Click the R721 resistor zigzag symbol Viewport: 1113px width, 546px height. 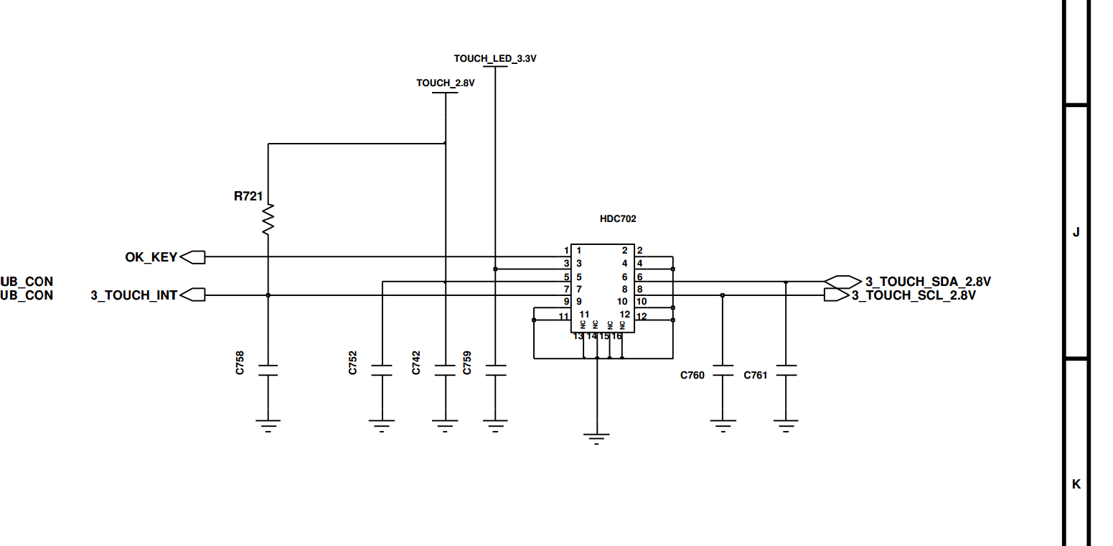tap(268, 219)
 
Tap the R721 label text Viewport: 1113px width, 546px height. tap(248, 196)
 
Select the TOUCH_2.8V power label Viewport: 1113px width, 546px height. tap(445, 83)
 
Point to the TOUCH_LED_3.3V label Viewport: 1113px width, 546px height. tap(495, 59)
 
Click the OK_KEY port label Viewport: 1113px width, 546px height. tap(151, 257)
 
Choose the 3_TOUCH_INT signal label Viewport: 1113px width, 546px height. tap(133, 295)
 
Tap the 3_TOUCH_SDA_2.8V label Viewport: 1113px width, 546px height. tap(928, 282)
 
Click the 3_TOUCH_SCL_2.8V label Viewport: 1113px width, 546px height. tap(914, 295)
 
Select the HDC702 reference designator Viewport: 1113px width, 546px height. tap(618, 219)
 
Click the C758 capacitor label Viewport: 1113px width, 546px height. tap(240, 363)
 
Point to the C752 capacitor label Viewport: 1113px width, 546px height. tap(353, 363)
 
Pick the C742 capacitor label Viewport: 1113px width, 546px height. tap(416, 363)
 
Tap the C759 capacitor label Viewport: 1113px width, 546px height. tap(467, 363)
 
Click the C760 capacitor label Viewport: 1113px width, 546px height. tap(692, 376)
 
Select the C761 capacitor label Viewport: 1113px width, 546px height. tap(755, 376)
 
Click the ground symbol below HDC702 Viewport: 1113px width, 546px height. tap(596, 438)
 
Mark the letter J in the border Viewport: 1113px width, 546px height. tap(1076, 232)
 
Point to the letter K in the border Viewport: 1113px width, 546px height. tap(1076, 483)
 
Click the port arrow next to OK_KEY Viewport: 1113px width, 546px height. tap(193, 257)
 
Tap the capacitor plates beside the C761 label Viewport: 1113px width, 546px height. tap(786, 371)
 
